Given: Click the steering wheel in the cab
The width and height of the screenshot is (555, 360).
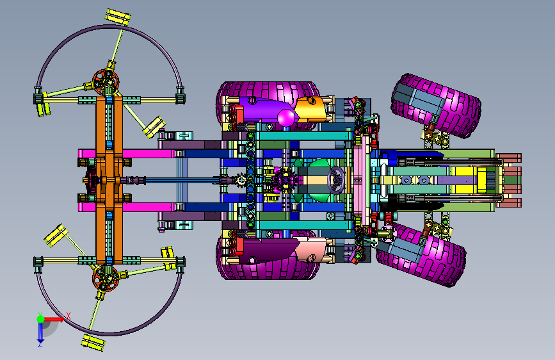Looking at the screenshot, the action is pos(335,180).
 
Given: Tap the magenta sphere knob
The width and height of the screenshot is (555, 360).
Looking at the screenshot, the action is pos(286,118).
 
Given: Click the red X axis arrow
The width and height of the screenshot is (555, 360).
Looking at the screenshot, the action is pos(54,319).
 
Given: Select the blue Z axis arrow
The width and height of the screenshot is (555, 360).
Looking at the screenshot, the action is pos(40,333).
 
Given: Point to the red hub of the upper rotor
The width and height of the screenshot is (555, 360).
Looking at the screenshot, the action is pos(106,82).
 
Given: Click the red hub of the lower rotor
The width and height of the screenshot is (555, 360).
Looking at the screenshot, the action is pos(106,279).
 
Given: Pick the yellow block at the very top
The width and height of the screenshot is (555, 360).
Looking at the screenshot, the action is pos(118,17).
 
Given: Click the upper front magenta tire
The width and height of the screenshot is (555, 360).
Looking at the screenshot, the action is pos(436,106).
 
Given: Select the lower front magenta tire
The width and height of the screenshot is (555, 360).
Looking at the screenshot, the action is pos(421,254).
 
